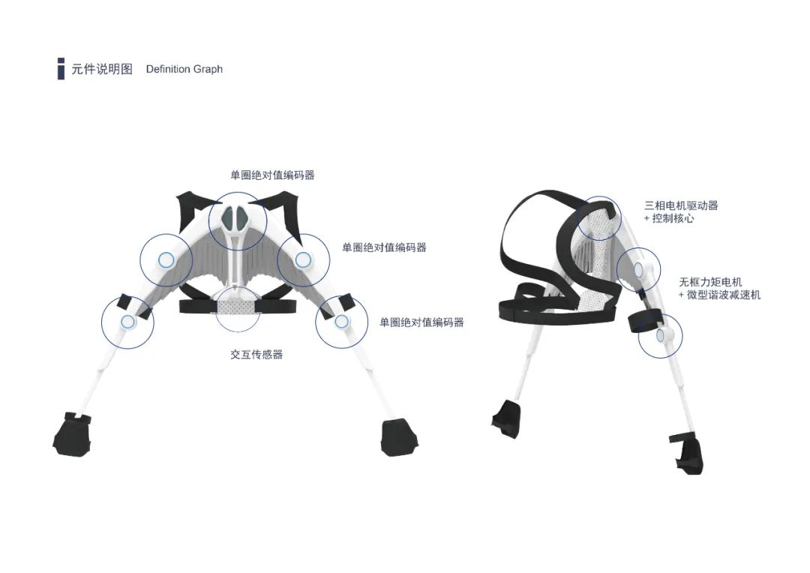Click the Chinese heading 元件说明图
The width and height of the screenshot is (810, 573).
102,69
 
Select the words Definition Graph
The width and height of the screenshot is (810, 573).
184,69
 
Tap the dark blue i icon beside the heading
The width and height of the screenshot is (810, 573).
61,69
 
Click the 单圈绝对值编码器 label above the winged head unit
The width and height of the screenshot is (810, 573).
272,175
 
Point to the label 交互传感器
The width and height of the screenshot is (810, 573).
256,355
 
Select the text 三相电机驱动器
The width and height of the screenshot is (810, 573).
681,205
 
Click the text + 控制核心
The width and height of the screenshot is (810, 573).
669,218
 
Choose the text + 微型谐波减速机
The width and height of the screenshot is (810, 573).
719,295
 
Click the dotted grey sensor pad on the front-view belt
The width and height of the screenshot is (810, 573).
237,307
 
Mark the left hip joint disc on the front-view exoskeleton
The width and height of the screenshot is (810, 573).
166,260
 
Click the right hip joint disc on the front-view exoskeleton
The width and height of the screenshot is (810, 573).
303,259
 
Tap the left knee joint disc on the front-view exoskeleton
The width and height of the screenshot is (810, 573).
127,322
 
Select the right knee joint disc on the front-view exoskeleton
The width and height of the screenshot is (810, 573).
341,322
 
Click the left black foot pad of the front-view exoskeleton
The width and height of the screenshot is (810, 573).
73,434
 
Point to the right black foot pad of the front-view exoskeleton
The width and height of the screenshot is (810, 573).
399,438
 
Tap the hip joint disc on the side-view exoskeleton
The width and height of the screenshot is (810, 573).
638,268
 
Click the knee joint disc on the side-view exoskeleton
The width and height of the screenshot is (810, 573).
661,336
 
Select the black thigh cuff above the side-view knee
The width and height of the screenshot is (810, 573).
645,320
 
